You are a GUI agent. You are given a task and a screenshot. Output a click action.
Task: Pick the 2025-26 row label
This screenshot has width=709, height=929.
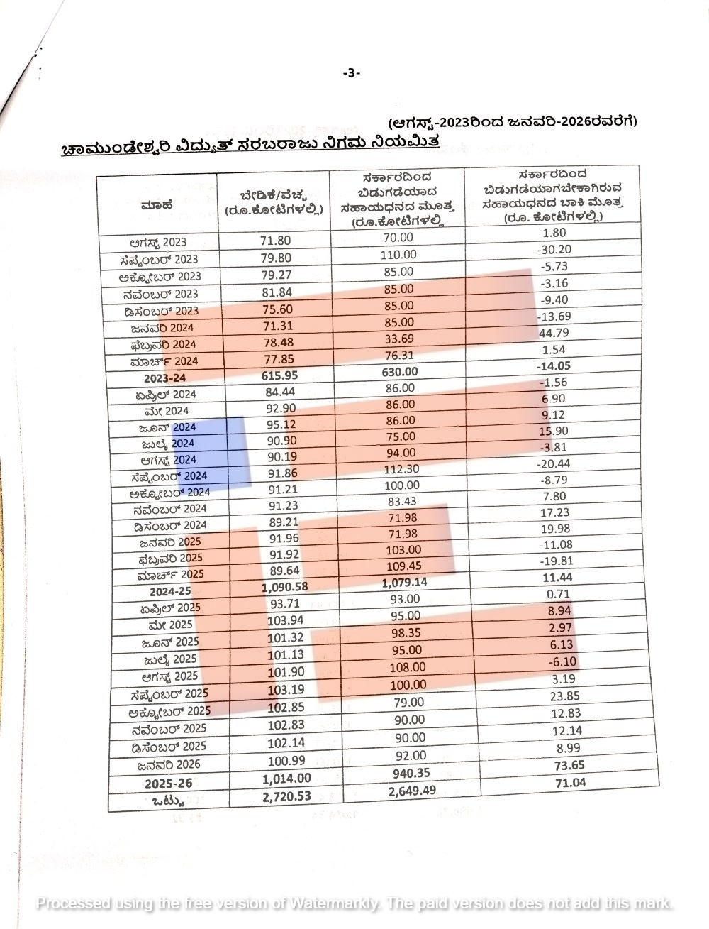pyautogui.click(x=169, y=784)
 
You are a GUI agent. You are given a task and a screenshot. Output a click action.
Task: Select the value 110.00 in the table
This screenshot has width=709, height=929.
pyautogui.click(x=398, y=254)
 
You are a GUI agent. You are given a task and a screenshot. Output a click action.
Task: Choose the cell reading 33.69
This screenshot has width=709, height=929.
pyautogui.click(x=398, y=339)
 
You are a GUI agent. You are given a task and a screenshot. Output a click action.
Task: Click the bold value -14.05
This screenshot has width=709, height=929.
pyautogui.click(x=555, y=366)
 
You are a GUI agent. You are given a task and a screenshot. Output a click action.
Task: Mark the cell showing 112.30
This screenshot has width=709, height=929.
pyautogui.click(x=401, y=469)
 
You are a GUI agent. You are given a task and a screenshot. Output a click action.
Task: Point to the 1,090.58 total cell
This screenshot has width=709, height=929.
pyautogui.click(x=285, y=587)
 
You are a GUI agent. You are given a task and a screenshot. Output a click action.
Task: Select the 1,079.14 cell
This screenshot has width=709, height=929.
pyautogui.click(x=405, y=583)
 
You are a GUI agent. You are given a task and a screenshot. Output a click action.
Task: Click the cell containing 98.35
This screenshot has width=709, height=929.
pyautogui.click(x=405, y=633)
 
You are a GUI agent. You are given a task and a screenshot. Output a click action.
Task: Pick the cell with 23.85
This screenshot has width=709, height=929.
pyautogui.click(x=565, y=696)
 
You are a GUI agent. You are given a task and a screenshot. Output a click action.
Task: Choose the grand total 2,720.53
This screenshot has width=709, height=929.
pyautogui.click(x=286, y=797)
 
